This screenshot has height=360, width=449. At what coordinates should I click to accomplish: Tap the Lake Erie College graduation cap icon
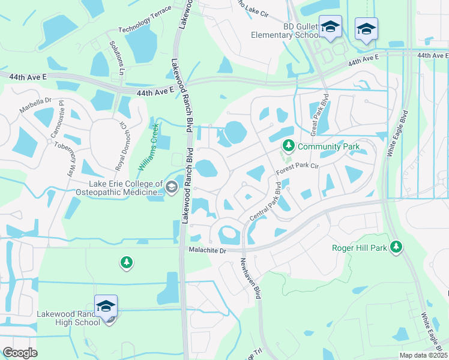pos(172,188)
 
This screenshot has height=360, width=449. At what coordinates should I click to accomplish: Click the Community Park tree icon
pos(288,146)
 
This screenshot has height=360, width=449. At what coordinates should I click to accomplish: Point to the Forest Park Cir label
pos(297,167)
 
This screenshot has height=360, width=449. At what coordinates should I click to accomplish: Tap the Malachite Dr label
pos(206,250)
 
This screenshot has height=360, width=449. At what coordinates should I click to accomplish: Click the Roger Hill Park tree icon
pos(396,247)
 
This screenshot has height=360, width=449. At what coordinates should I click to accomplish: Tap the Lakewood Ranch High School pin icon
pos(106,306)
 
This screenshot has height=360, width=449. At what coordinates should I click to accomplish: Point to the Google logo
pos(20,352)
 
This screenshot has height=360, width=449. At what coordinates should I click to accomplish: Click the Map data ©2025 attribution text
pos(423,355)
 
